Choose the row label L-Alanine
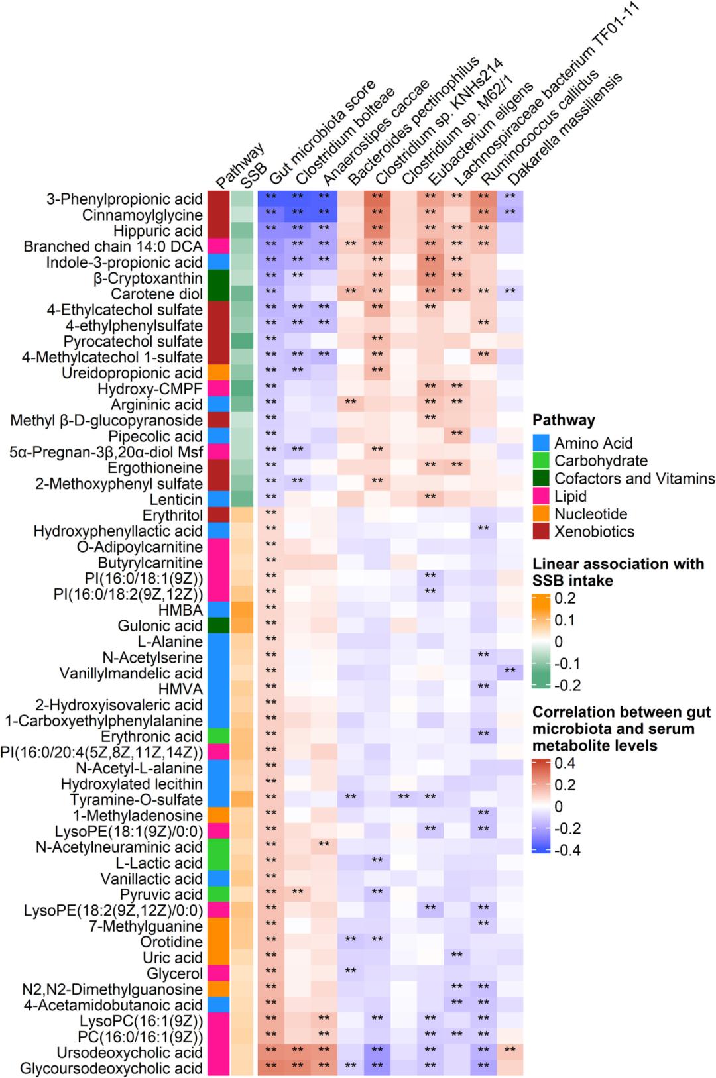click(x=170, y=642)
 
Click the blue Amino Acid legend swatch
click(x=540, y=443)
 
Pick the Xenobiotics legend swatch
click(x=540, y=531)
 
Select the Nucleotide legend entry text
click(x=591, y=514)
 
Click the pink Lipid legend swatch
click(x=540, y=496)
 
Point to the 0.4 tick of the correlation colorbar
click(x=566, y=763)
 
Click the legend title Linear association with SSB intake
click(x=618, y=572)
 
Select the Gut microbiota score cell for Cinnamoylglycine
click(x=270, y=215)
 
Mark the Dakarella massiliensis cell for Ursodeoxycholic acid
click(x=510, y=1053)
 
